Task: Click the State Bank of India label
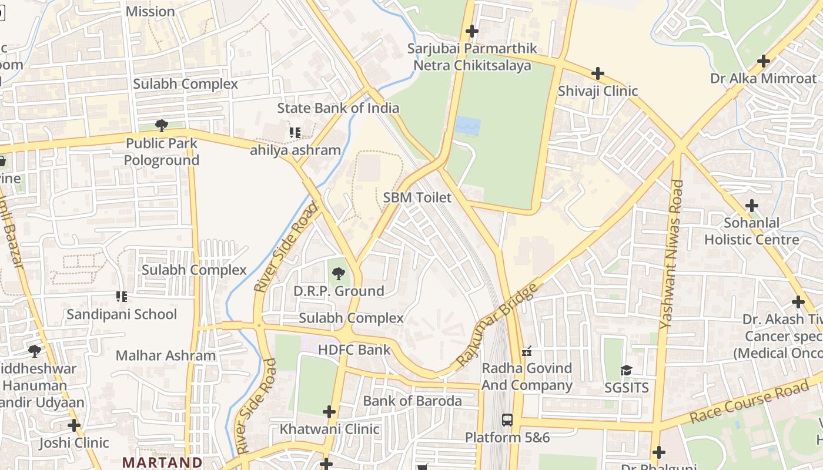pos(338,108)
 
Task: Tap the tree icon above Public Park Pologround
pos(161,125)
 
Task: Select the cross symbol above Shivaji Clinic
pos(598,73)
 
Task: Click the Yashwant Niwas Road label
pos(671,254)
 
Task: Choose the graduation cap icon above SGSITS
pos(626,371)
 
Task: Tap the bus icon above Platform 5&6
pos(507,420)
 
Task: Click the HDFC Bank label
pos(354,350)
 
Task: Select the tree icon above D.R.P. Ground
pos(338,273)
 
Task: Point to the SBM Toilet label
pos(417,198)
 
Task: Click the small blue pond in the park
pos(467,126)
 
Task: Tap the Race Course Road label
pos(750,402)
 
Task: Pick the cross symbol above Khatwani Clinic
pos(329,412)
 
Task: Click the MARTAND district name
pos(162,462)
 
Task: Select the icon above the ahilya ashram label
pos(295,133)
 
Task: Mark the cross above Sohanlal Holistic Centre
pos(751,206)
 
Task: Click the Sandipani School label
pos(122,314)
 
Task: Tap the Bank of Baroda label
pos(412,401)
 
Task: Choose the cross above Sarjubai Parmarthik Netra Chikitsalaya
pos(471,31)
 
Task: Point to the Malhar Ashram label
pos(166,355)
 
